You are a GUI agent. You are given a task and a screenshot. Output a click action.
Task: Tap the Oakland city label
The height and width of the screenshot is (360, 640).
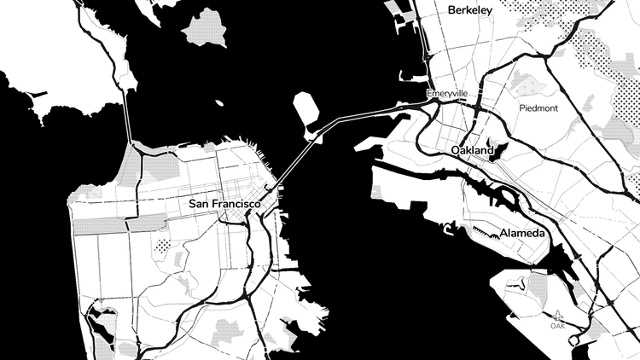tap(472, 150)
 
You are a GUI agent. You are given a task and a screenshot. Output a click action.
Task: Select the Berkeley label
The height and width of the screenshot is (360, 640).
tap(469, 10)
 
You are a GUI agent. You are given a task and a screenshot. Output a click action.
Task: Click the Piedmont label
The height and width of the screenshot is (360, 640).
tap(538, 108)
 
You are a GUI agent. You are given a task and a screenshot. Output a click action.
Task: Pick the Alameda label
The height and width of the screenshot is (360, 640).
tap(524, 232)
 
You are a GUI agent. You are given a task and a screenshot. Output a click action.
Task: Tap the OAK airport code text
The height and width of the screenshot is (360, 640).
tap(557, 325)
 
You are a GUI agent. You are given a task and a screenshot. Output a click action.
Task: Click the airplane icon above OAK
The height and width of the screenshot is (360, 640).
tap(558, 315)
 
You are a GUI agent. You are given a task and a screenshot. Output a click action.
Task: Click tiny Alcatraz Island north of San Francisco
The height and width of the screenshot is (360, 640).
tap(219, 103)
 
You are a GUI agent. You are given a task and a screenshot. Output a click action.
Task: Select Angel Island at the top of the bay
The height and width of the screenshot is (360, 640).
tap(204, 29)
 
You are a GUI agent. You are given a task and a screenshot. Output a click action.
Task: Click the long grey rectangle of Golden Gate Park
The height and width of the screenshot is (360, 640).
tap(101, 225)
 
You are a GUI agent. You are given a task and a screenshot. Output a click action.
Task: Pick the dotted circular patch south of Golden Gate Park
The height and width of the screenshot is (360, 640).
tap(162, 247)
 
